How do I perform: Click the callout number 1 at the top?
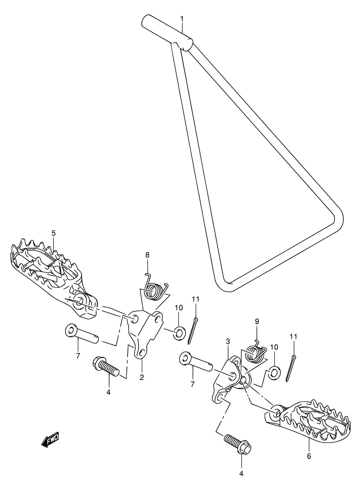182,19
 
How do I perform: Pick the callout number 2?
142,377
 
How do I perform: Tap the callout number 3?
228,341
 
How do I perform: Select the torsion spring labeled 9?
256,353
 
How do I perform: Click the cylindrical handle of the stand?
167,32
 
